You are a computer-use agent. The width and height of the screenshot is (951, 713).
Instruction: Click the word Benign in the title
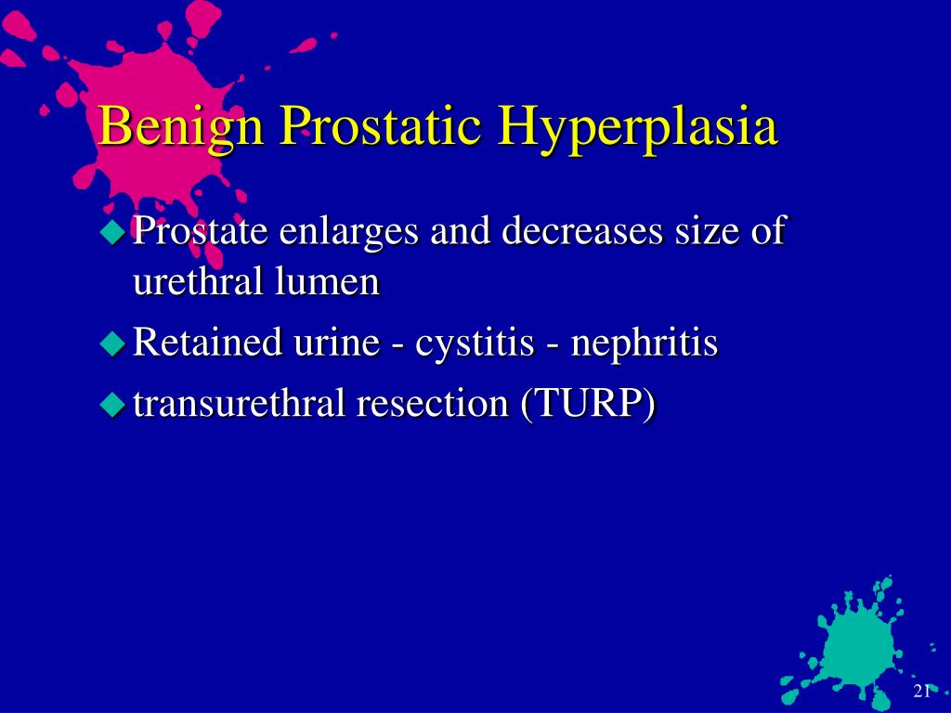click(181, 127)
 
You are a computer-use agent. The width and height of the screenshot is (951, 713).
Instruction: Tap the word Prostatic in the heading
click(381, 126)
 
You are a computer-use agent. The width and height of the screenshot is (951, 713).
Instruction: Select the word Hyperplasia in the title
click(638, 128)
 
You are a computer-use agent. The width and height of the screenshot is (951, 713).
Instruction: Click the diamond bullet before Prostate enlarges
click(112, 231)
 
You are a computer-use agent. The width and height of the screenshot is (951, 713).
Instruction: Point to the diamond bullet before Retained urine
click(112, 344)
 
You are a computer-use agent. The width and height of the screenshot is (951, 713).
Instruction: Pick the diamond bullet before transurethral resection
click(112, 404)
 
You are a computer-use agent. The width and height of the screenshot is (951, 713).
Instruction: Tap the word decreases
click(582, 231)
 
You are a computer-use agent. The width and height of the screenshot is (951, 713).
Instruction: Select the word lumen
click(328, 282)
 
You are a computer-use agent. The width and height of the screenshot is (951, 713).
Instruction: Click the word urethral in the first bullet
click(198, 282)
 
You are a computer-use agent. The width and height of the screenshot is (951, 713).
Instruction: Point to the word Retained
click(207, 342)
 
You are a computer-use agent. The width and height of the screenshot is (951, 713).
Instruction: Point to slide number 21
click(921, 691)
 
